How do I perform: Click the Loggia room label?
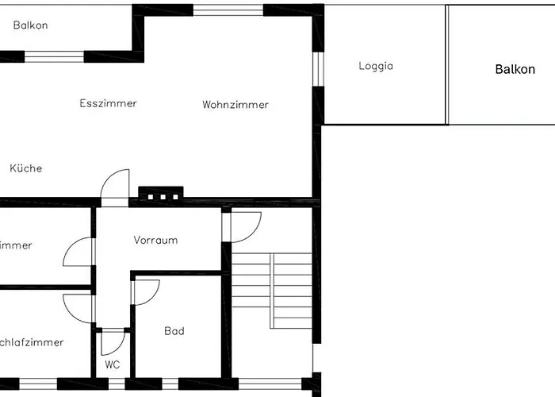[x=376, y=67]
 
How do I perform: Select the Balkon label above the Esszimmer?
[x=31, y=25]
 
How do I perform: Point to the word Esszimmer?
[x=109, y=103]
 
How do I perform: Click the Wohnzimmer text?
[x=235, y=105]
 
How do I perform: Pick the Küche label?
[x=26, y=168]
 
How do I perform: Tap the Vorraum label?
[x=155, y=240]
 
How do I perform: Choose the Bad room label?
[x=174, y=330]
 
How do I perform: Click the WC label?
[x=113, y=365]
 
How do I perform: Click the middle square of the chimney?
[x=161, y=195]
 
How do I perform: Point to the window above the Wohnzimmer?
[x=228, y=10]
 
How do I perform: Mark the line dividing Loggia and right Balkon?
[x=446, y=65]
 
